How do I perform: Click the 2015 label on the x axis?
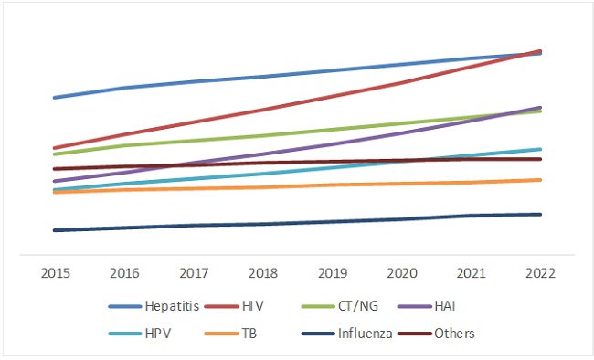point(54,272)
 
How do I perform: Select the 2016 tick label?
point(123,272)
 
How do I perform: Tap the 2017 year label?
point(193,272)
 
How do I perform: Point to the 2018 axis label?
point(262,272)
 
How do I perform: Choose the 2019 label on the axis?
point(332,272)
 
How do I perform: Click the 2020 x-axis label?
point(401,272)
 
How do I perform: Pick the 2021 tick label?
point(471,272)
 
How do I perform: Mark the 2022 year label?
point(540,272)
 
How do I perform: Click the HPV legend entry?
point(158,334)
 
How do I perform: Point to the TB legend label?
point(248,334)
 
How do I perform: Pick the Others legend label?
point(454,334)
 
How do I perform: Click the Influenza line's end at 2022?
point(541,215)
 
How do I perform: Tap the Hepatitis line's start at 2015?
point(55,98)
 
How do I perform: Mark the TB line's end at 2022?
point(541,180)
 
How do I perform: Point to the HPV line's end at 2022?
point(541,149)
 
